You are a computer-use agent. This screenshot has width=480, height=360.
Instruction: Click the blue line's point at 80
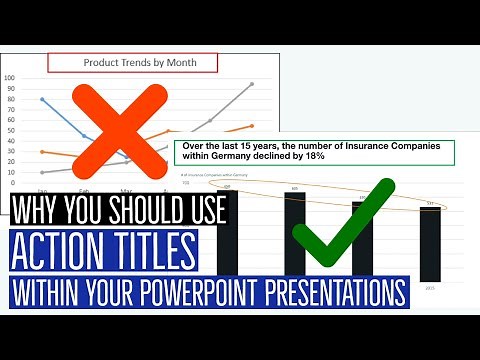pos(42,99)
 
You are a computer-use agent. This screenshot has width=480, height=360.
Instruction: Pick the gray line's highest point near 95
pos(252,84)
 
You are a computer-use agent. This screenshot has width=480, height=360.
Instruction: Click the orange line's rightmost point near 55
pos(252,126)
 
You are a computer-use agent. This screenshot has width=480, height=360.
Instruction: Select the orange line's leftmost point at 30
pos(42,152)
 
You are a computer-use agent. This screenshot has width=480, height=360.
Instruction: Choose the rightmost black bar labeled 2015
pos(431,245)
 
